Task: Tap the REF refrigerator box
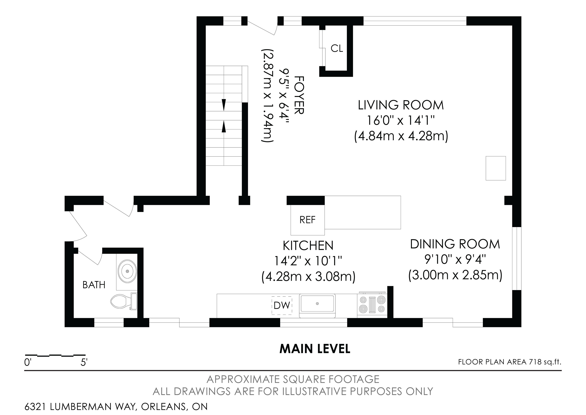point(307,220)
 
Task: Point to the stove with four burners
point(372,304)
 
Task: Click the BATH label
point(94,285)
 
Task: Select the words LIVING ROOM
point(401,105)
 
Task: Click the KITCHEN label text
point(308,246)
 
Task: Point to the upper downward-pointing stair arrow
point(224,105)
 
